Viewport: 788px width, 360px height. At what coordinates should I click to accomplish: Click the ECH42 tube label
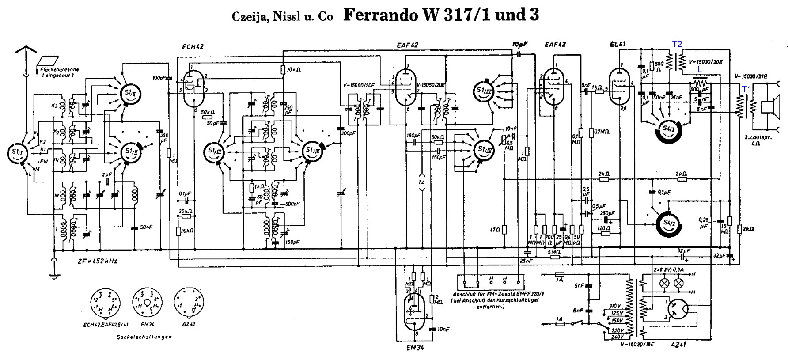pyautogui.click(x=192, y=46)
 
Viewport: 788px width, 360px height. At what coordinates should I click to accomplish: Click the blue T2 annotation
pyautogui.click(x=677, y=44)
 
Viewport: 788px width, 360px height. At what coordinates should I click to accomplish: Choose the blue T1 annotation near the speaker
pyautogui.click(x=746, y=89)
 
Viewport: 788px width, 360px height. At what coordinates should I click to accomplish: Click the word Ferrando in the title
pyautogui.click(x=379, y=15)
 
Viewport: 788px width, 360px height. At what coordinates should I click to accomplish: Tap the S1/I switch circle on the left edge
pyautogui.click(x=15, y=152)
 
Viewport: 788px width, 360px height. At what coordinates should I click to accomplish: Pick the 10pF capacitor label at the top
pyautogui.click(x=520, y=44)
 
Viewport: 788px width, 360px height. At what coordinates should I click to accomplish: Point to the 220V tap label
pyautogui.click(x=616, y=330)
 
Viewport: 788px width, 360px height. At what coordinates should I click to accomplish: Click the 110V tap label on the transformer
pyautogui.click(x=616, y=306)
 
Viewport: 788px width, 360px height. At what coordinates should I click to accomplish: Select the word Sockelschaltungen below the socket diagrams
pyautogui.click(x=144, y=337)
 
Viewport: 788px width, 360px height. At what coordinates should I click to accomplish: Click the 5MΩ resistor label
pyautogui.click(x=554, y=252)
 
